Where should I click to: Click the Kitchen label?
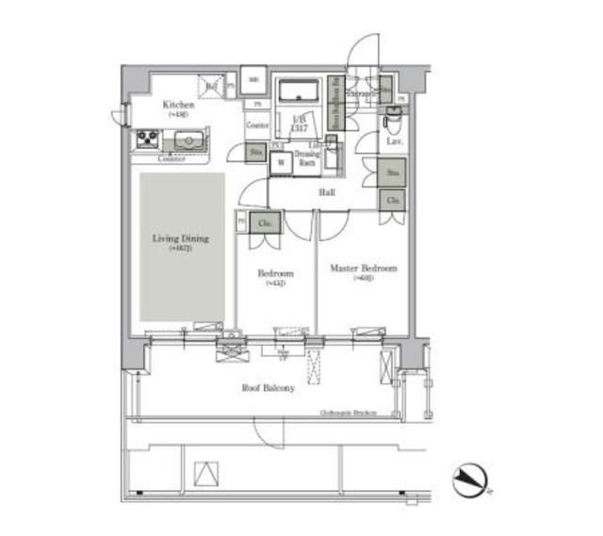[x=179, y=105]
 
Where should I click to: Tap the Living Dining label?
[x=181, y=239]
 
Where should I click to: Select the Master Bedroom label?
[x=363, y=268]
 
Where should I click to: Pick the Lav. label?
[x=395, y=142]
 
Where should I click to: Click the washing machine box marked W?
[x=281, y=162]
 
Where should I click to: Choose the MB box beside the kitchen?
[x=253, y=80]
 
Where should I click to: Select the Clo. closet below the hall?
[x=393, y=200]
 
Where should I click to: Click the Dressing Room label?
[x=307, y=159]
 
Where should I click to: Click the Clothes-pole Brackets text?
[x=349, y=413]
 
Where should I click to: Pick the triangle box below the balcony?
[x=205, y=476]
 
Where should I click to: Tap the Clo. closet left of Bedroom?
[x=265, y=223]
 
